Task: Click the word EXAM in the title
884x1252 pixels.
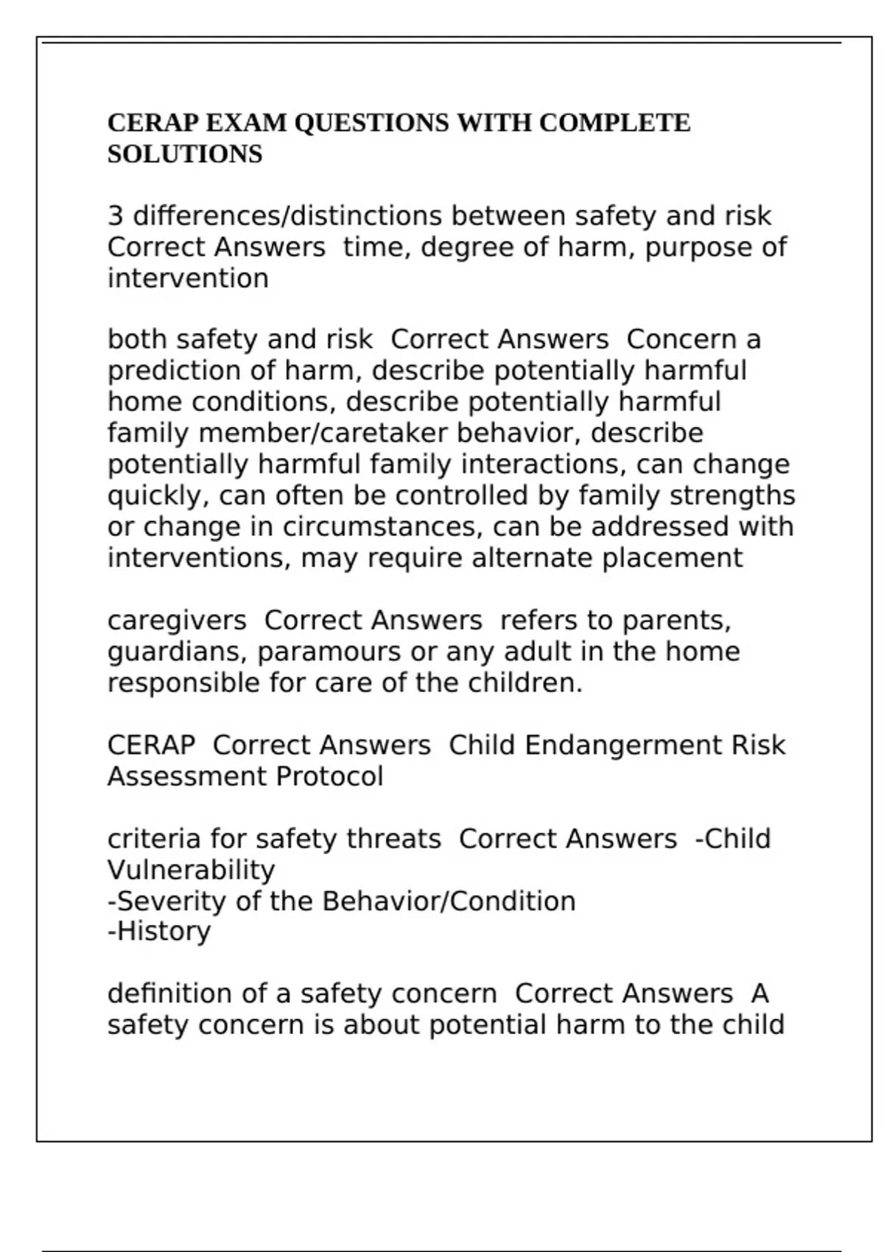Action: [247, 122]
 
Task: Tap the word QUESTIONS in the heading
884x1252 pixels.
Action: [371, 122]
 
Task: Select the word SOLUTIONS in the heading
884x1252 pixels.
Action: [185, 154]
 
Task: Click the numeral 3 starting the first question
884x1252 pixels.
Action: [115, 216]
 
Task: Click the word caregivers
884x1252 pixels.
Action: [177, 621]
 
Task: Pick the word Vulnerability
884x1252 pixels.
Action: [191, 871]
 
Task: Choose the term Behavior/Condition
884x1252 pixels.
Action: [449, 901]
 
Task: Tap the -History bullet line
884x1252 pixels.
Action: [159, 932]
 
